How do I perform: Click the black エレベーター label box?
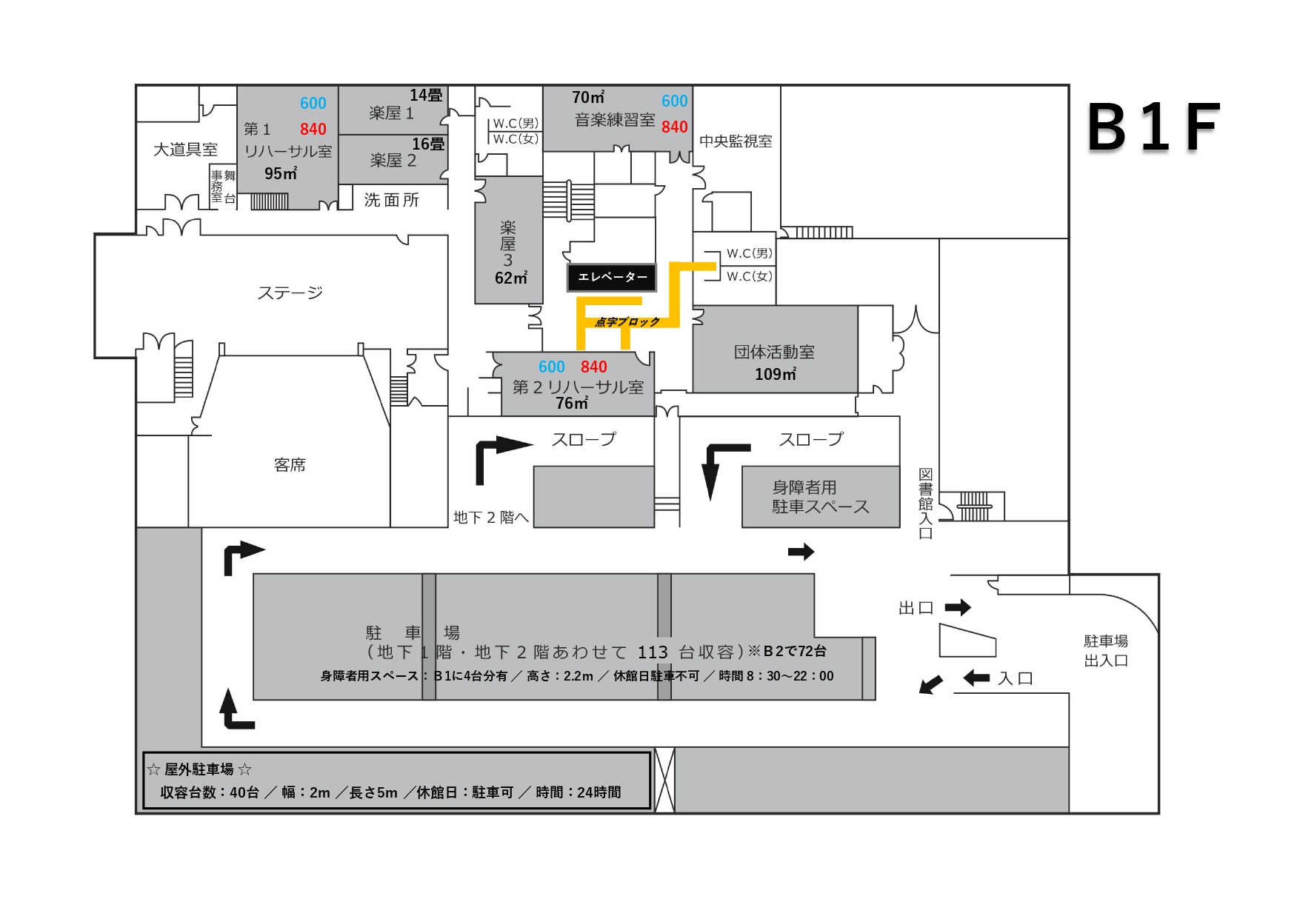[x=611, y=277]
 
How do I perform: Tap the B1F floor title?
[x=1153, y=127]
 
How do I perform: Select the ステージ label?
[x=290, y=293]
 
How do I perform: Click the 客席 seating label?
[x=290, y=464]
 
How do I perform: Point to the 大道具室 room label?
[x=185, y=150]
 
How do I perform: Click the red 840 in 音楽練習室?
[x=674, y=127]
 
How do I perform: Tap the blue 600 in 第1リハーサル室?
[x=313, y=104]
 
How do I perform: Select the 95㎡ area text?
[x=281, y=173]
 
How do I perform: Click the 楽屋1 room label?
[x=391, y=113]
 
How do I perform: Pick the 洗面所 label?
[x=391, y=200]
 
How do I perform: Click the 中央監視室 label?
[x=736, y=141]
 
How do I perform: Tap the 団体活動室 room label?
[x=774, y=352]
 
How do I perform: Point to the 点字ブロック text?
[x=627, y=321]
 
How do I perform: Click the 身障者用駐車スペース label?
[x=820, y=497]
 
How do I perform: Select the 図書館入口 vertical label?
[x=925, y=504]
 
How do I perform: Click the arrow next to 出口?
[x=957, y=608]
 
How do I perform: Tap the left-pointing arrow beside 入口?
[x=976, y=678]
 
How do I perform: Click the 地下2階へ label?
[x=491, y=517]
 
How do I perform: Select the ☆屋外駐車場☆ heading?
[x=199, y=769]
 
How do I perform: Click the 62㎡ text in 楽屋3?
[x=511, y=278]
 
